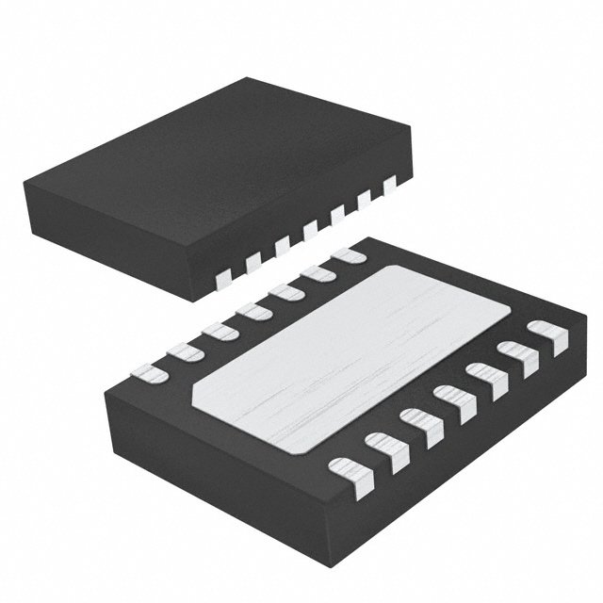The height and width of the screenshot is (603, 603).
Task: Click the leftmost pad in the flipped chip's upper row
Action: [x=149, y=374]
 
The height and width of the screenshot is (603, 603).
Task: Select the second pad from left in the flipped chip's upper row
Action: [x=184, y=352]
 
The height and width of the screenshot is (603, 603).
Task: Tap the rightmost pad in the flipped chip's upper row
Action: [x=350, y=254]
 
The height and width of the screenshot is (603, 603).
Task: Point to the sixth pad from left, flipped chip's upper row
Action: [x=318, y=272]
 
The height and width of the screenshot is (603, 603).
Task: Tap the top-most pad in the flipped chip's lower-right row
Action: [x=547, y=335]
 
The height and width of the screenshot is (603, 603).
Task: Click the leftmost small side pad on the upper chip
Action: [x=224, y=277]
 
